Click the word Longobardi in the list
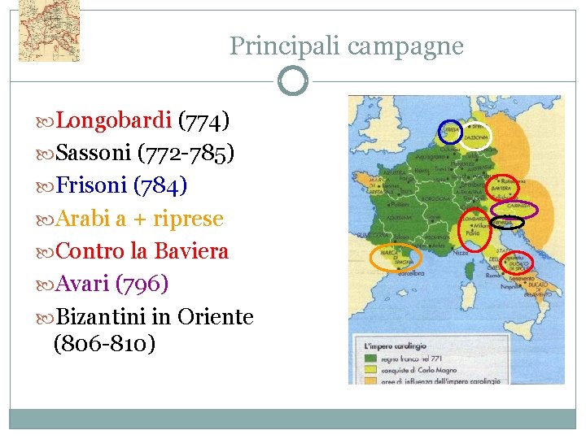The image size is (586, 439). coord(114,121)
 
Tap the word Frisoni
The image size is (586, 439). coord(93,186)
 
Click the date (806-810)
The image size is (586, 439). coord(104,344)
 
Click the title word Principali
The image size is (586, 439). coord(285,46)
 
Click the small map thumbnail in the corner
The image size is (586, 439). coord(49,31)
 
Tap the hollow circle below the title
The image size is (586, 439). coord(293,81)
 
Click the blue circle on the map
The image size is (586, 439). coord(449,133)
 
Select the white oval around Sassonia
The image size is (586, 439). coord(479,136)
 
